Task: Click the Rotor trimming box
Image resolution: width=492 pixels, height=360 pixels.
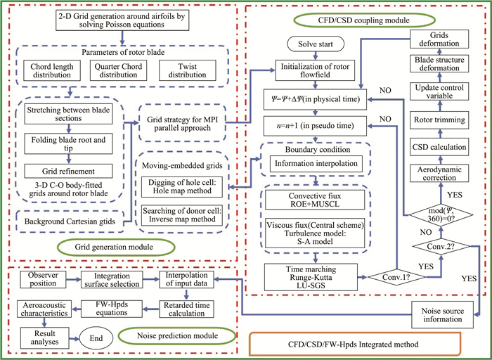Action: (442, 117)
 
